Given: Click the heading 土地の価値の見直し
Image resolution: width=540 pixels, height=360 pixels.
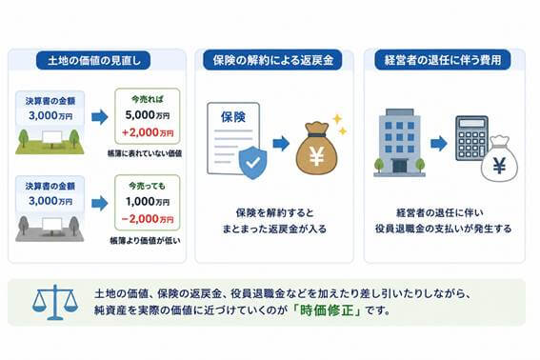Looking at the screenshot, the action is coord(93,61).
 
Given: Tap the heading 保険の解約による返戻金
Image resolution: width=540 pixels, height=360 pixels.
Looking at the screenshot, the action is coord(272,60).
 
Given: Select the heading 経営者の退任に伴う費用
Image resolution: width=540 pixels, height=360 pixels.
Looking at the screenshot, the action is coord(443,60).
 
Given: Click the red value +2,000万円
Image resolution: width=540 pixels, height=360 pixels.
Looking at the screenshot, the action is coord(148,132).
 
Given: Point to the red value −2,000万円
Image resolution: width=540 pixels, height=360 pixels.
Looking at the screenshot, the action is coord(148,219).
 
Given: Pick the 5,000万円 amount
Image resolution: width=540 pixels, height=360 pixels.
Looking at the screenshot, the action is coord(148,115).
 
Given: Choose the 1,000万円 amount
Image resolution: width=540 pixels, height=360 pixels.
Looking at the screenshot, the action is coord(148,202).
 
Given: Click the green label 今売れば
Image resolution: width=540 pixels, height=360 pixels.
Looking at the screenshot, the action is coord(148,100).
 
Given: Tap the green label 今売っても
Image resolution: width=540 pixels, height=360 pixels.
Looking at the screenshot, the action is coord(148,186).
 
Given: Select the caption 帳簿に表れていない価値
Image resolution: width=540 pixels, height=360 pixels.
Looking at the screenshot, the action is coord(145,153).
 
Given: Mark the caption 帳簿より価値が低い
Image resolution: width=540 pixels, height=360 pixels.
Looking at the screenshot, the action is coord(145,240).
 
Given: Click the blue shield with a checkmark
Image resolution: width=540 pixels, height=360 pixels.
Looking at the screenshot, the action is coord(253,162).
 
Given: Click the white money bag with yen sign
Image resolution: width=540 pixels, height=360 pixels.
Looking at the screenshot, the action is coord(499,159).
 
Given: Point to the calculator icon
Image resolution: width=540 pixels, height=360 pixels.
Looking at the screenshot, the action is coord(471,138).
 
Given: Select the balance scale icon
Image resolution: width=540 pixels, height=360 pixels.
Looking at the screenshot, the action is coord(55,302).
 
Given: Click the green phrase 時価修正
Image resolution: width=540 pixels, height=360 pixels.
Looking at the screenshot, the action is coord(327,310).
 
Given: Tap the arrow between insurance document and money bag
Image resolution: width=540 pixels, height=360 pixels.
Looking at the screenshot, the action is coord(281,143).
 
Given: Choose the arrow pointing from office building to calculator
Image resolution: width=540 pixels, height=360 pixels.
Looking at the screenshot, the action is coord(439,143).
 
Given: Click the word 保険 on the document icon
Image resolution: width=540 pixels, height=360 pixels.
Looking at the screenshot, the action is coord(233,117).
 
